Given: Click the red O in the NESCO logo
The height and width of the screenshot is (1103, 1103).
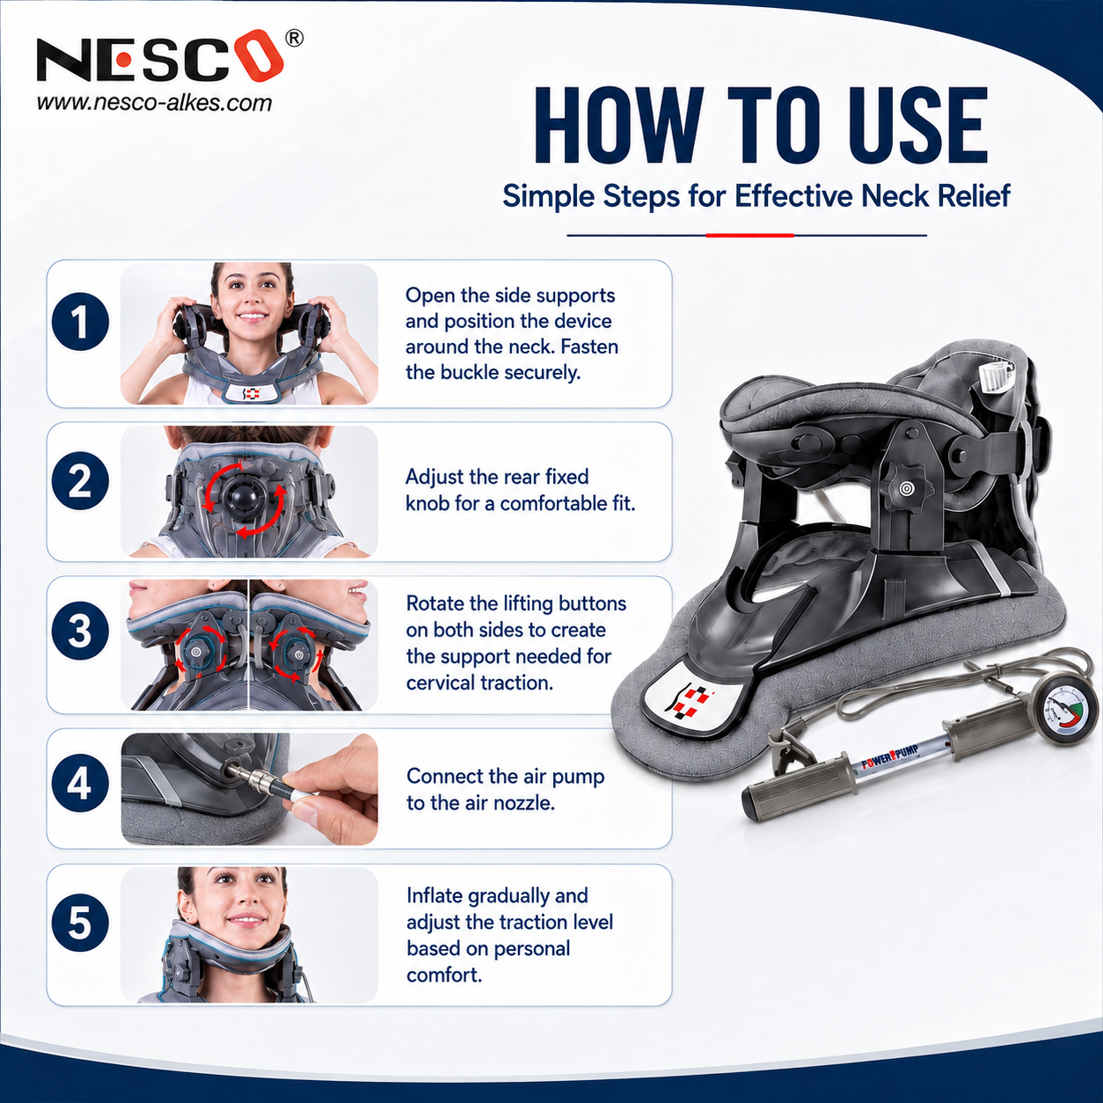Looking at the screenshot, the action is [265, 56].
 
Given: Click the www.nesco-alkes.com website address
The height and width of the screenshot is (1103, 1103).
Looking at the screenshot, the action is [154, 103].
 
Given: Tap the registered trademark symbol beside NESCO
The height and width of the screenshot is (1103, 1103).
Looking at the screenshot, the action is [294, 39].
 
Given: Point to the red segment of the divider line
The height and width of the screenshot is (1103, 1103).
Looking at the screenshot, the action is [749, 235].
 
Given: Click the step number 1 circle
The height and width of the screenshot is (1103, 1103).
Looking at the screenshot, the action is [80, 322].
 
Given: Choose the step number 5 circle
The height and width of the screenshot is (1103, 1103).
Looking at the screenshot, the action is [80, 923].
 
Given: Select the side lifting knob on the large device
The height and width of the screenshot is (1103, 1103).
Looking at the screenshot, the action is [905, 488].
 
